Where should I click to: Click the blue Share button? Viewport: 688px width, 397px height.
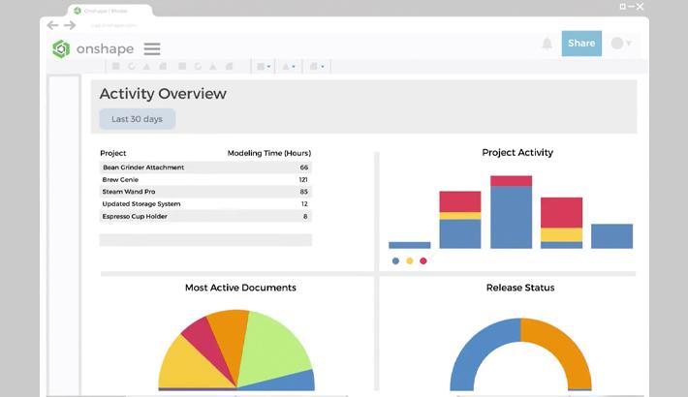pos(581,44)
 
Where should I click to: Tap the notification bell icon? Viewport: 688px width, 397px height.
pos(547,44)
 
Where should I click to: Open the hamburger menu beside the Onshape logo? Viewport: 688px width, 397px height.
pos(152,49)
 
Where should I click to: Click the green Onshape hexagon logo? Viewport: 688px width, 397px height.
pos(61,49)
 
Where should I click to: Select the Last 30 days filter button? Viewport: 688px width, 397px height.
pos(137,119)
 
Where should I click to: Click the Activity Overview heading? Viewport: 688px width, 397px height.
pos(163,94)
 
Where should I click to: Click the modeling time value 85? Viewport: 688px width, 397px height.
pos(303,192)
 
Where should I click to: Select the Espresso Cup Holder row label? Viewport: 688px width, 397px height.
pos(135,216)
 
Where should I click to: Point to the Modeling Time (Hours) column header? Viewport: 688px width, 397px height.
pos(268,153)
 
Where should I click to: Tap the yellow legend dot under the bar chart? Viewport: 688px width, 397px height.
pos(410,260)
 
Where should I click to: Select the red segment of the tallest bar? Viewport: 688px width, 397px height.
pos(511,181)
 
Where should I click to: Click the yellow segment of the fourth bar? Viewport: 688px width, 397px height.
pos(561,234)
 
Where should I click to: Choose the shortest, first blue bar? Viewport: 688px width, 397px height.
pos(409,245)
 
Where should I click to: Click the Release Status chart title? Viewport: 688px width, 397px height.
pos(520,288)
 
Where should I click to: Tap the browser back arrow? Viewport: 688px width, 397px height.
pos(52,25)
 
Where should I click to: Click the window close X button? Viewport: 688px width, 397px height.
pos(640,7)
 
